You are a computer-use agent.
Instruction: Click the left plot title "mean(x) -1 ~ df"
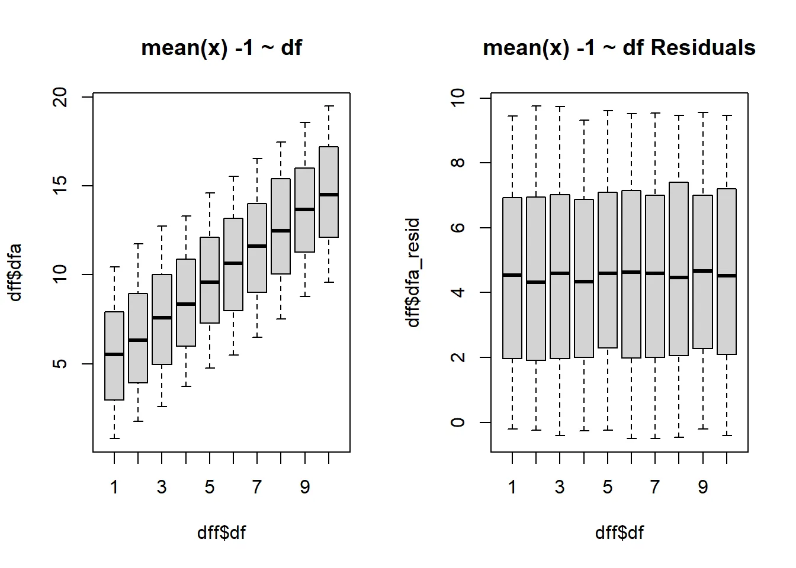click(221, 47)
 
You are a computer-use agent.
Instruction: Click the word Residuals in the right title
click(703, 47)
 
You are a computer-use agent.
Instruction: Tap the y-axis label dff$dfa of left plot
click(16, 273)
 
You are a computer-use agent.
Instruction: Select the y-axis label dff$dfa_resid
click(413, 273)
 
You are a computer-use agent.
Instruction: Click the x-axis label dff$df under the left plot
click(221, 532)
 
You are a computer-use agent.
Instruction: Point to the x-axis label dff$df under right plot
click(619, 532)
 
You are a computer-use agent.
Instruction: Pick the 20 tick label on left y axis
click(60, 97)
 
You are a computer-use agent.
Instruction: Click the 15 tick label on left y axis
click(60, 186)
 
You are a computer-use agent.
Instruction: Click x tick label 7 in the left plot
click(256, 487)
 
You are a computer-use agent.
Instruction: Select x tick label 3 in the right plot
click(560, 487)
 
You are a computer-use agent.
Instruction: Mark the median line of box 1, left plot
click(114, 354)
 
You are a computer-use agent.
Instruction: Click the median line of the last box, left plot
click(329, 195)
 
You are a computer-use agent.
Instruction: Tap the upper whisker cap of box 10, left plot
click(329, 106)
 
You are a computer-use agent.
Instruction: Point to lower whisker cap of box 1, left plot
click(114, 438)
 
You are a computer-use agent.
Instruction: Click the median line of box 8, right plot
click(679, 277)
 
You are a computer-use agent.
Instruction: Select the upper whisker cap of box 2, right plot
click(536, 106)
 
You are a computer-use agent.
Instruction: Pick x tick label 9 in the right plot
click(702, 487)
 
